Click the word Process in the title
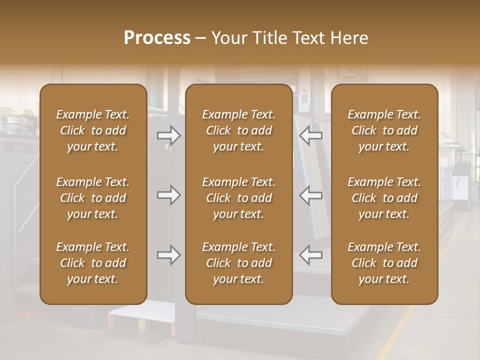coord(157,38)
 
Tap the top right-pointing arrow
coord(169,135)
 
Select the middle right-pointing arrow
coord(169,195)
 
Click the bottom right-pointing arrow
coord(169,255)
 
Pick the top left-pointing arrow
coord(311,135)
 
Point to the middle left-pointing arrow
coord(311,195)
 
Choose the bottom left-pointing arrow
coord(311,255)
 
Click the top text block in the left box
coord(93,130)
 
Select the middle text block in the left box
coord(93,198)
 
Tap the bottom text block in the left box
coord(93,263)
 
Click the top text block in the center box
coord(238,130)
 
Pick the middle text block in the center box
coord(238,198)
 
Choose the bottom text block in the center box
coord(238,263)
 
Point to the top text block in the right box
coord(384,130)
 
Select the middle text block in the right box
coord(384,198)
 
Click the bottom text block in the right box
coord(384,263)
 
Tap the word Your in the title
coord(227,38)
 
